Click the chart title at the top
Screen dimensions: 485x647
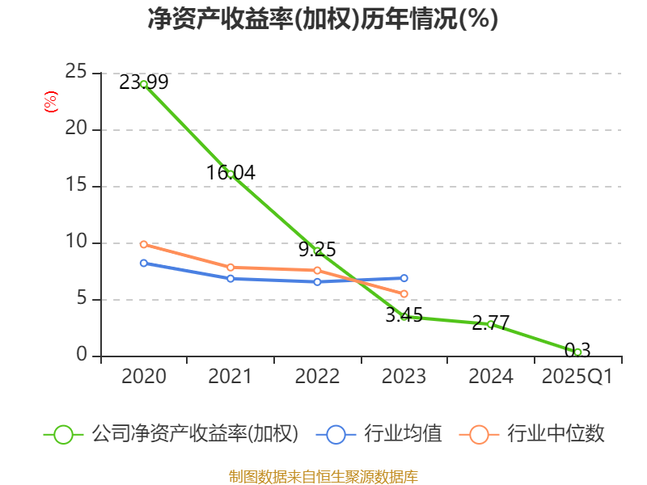[x=323, y=19]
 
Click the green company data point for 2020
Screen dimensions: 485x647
[x=144, y=84]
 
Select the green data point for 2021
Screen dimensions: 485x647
[x=230, y=174]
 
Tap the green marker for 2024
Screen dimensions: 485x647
[x=490, y=323]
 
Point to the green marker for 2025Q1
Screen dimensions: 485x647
[x=577, y=352]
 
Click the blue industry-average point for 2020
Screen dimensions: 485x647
[x=144, y=263]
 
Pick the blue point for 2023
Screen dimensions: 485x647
[x=404, y=278]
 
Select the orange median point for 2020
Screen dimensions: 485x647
[x=144, y=244]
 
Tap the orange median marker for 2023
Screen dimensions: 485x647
[x=404, y=293]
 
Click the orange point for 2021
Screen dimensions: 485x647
[x=230, y=267]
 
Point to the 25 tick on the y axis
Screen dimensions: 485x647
[x=76, y=73]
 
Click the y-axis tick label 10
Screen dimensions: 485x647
[x=76, y=242]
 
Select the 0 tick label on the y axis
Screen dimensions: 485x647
[x=82, y=355]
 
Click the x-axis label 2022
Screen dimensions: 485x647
[x=317, y=377]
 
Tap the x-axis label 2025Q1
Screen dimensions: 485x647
[x=577, y=377]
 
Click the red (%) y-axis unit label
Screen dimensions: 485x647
[x=50, y=102]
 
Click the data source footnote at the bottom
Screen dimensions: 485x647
[x=323, y=476]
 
